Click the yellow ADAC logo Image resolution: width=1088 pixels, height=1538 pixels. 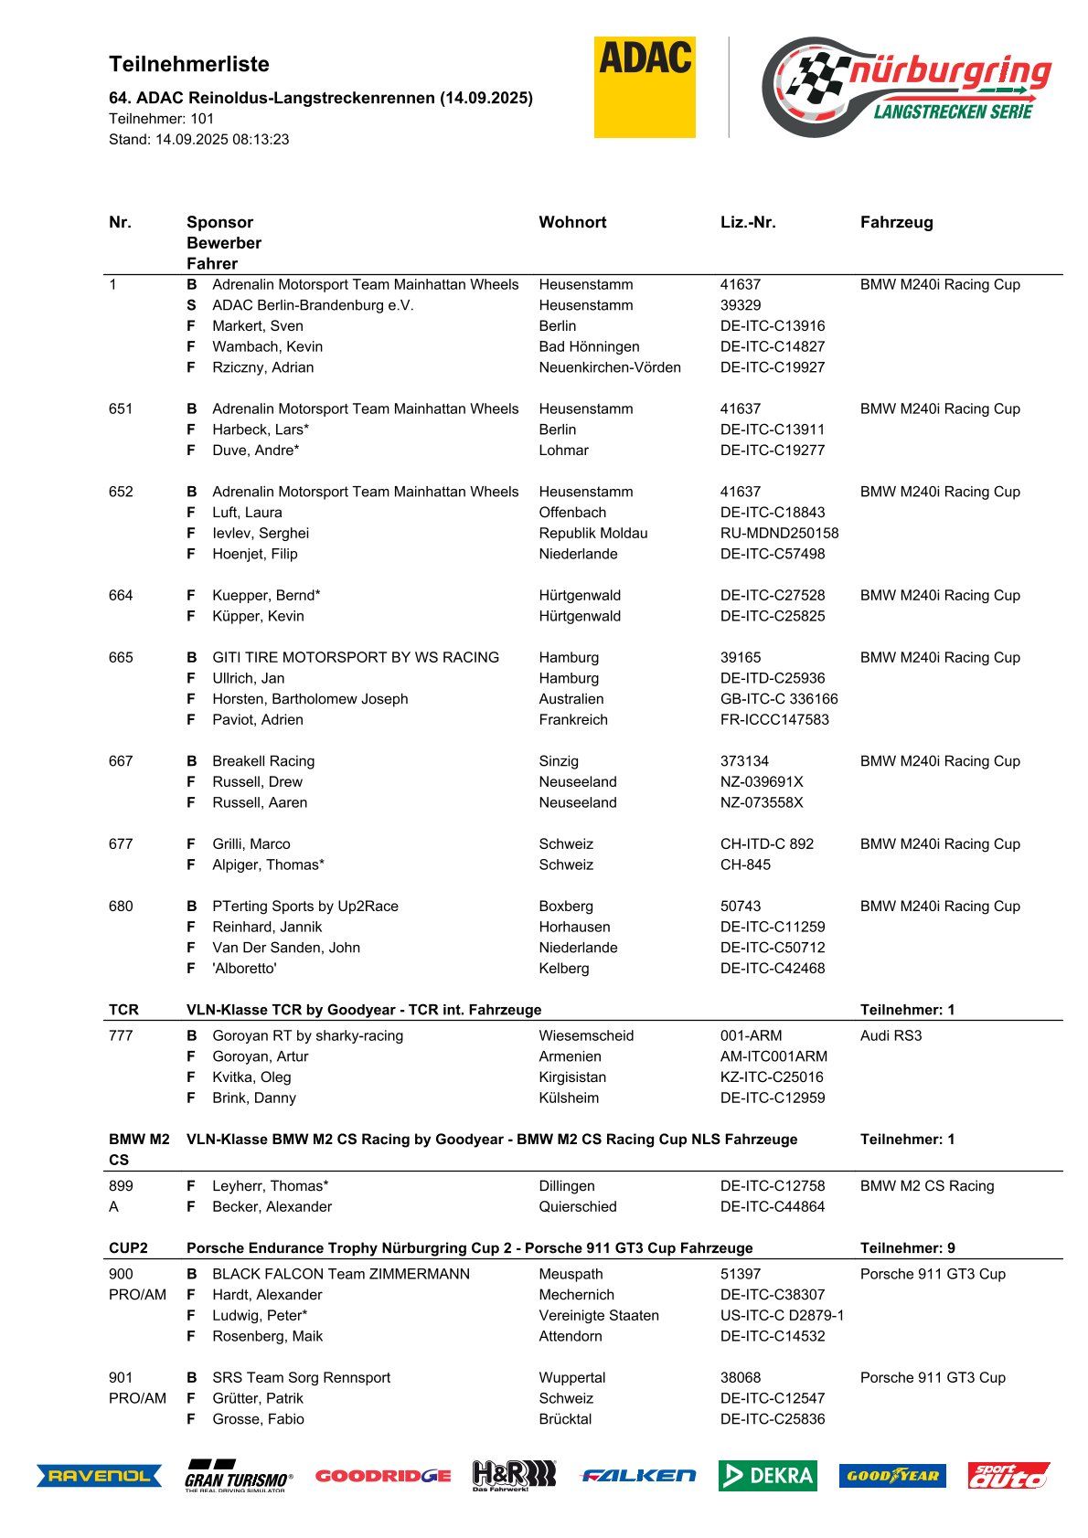645,87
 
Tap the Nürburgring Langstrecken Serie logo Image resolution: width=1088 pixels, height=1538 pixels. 906,87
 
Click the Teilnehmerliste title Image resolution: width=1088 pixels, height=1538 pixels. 189,64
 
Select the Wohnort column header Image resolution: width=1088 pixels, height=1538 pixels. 572,222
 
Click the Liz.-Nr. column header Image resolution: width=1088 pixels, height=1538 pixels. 747,222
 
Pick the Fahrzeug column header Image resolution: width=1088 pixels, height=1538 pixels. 896,222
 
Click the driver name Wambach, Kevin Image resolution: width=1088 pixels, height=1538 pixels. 267,346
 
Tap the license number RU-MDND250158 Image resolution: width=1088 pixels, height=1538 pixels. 779,533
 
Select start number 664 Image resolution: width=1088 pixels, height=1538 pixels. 121,595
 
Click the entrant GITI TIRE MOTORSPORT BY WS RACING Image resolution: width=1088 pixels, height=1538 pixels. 356,657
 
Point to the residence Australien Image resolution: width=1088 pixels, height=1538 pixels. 571,699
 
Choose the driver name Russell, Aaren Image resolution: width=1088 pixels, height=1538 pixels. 260,802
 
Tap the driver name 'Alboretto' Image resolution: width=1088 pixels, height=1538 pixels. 244,968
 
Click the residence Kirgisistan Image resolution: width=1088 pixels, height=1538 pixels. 572,1077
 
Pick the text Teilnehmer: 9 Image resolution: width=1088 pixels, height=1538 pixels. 907,1247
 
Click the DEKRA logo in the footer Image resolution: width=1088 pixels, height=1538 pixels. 767,1475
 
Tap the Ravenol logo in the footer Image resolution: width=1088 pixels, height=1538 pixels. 99,1475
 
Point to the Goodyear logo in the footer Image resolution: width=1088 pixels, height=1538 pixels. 891,1475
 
